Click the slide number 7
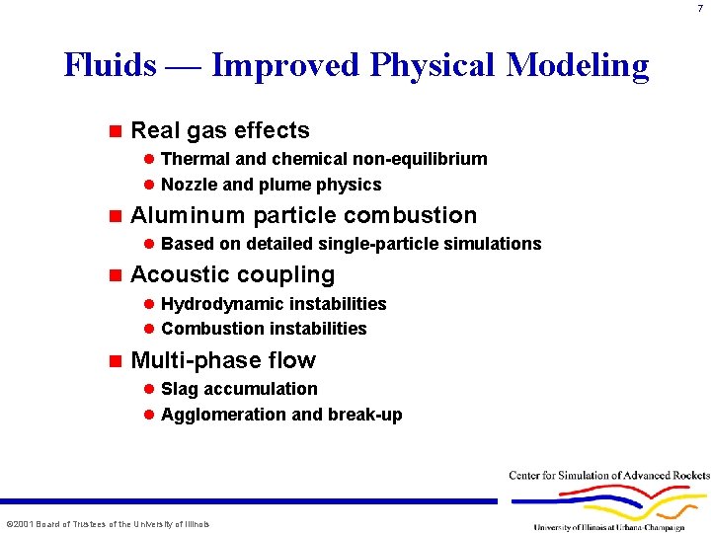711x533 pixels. [699, 8]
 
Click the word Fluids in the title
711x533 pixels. [110, 65]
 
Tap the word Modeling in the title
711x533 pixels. [578, 65]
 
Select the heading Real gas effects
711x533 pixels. [219, 130]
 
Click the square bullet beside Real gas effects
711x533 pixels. [115, 130]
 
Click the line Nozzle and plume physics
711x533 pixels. [271, 185]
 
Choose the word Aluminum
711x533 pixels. [188, 215]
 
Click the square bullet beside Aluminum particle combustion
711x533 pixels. [115, 215]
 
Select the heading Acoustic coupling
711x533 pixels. [232, 274]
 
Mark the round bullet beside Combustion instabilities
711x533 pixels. [149, 329]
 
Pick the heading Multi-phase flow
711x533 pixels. [222, 360]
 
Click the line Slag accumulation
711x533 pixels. [239, 389]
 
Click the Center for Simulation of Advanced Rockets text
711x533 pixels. [609, 476]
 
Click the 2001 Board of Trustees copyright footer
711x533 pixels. [108, 524]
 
